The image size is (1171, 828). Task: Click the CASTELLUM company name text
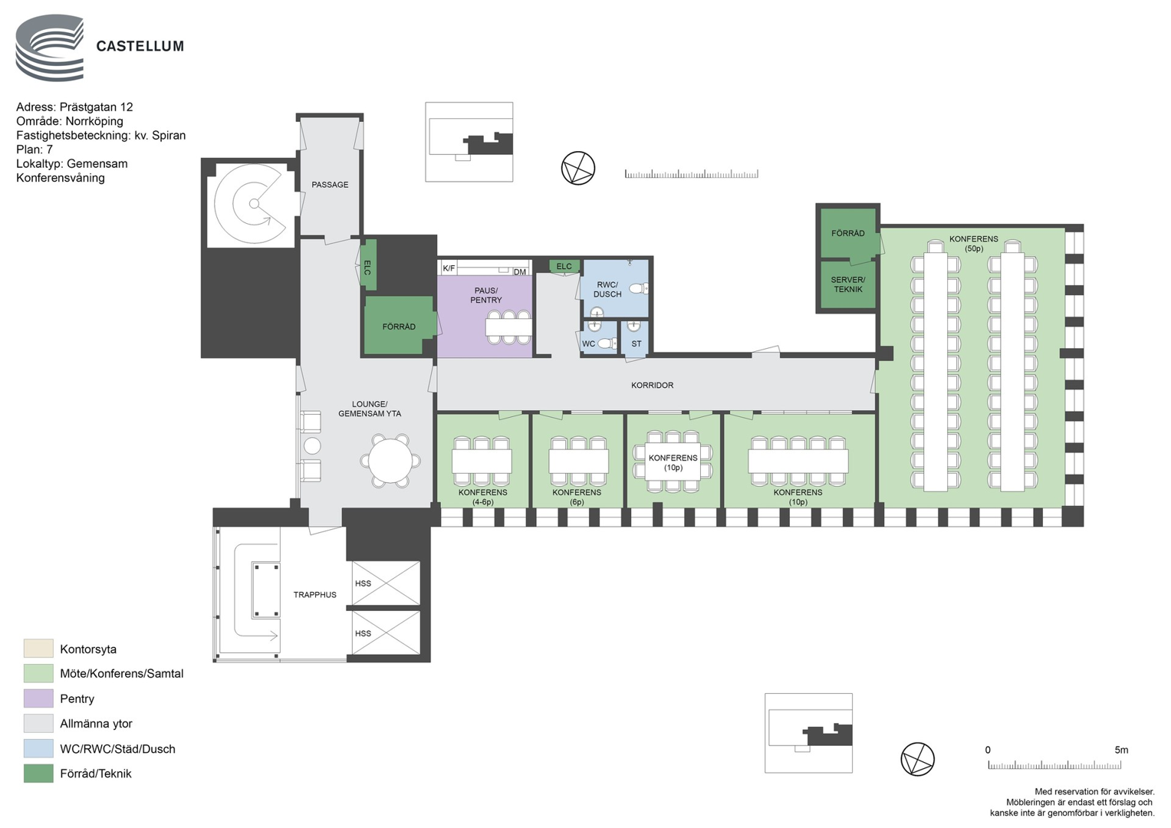[140, 47]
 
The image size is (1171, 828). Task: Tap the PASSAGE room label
[330, 185]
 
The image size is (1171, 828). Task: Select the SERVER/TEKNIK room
[847, 284]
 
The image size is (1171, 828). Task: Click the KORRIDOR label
[652, 385]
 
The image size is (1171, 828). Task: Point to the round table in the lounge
[390, 461]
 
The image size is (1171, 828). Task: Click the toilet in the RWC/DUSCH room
[638, 288]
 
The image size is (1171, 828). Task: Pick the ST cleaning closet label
[636, 344]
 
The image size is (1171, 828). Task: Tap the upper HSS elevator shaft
[386, 583]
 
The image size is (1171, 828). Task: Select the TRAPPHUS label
[314, 595]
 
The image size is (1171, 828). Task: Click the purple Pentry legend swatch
[38, 698]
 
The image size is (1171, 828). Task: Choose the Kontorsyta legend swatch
[38, 648]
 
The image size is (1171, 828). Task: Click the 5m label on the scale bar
[1121, 750]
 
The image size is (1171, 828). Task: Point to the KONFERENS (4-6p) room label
[483, 497]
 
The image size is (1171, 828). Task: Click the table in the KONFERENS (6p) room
[578, 461]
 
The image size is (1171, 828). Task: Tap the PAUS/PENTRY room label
[486, 295]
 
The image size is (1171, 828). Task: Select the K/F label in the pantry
[449, 268]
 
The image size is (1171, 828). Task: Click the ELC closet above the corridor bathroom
[564, 267]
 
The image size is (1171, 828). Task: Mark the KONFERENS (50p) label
[974, 244]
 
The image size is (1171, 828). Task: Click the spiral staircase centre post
[254, 203]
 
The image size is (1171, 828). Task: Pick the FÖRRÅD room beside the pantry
[399, 326]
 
